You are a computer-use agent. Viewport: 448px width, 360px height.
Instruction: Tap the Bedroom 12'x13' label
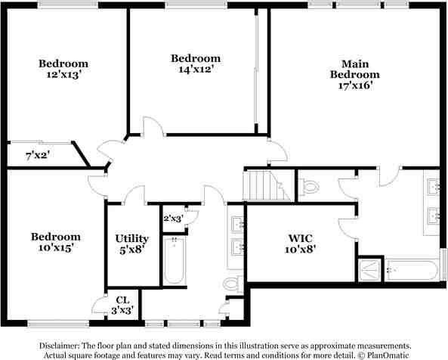[x=63, y=69]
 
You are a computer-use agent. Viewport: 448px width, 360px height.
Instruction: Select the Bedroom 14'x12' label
[x=195, y=64]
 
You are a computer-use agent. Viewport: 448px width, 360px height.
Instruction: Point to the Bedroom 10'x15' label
[x=55, y=242]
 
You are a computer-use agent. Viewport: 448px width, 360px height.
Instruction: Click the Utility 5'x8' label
[x=131, y=244]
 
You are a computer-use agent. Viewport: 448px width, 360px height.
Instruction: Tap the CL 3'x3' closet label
[x=122, y=305]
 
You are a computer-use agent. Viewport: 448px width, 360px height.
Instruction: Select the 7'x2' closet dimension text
[x=38, y=156]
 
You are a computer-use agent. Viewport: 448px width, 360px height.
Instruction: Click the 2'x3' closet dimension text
[x=174, y=219]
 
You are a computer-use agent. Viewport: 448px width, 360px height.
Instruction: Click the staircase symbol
[x=261, y=185]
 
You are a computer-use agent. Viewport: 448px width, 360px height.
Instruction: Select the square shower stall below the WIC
[x=370, y=268]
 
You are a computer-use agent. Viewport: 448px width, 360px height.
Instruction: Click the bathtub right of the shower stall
[x=411, y=269]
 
